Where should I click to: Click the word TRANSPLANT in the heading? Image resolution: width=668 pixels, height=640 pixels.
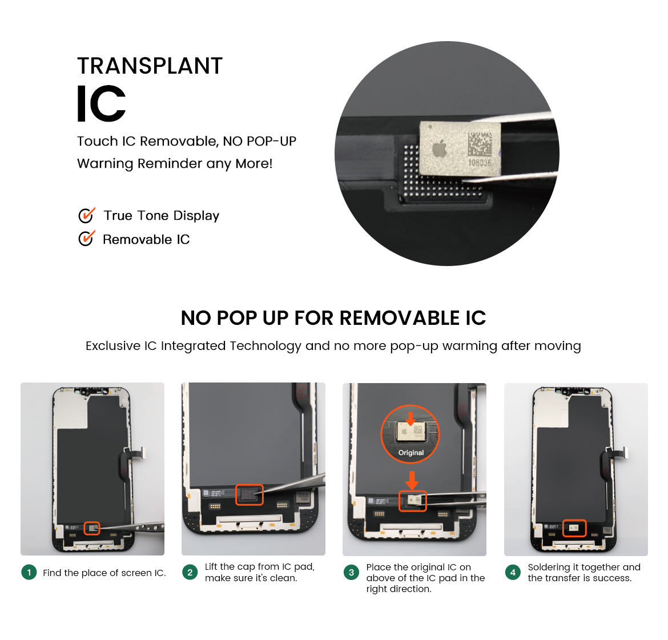[x=150, y=66]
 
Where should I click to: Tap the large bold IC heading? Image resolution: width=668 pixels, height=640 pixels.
[x=101, y=103]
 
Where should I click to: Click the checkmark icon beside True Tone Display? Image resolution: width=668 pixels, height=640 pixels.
[x=86, y=215]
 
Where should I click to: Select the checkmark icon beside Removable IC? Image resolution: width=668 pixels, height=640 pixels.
[x=86, y=239]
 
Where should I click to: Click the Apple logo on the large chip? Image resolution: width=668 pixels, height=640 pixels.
[x=440, y=149]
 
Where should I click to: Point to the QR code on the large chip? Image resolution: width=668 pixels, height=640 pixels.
[x=480, y=144]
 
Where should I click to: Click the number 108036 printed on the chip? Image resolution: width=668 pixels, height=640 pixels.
[x=480, y=163]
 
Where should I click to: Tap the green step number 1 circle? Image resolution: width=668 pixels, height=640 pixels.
[x=29, y=572]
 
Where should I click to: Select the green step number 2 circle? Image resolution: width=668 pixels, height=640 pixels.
[x=190, y=572]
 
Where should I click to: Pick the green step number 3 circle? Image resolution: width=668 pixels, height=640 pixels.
[x=352, y=572]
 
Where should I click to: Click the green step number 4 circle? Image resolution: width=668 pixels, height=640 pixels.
[x=513, y=572]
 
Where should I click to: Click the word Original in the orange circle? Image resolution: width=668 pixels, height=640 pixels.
[x=411, y=453]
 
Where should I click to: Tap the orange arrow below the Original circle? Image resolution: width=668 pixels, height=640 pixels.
[x=412, y=480]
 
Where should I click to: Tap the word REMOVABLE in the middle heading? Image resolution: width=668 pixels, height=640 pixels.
[x=399, y=318]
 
